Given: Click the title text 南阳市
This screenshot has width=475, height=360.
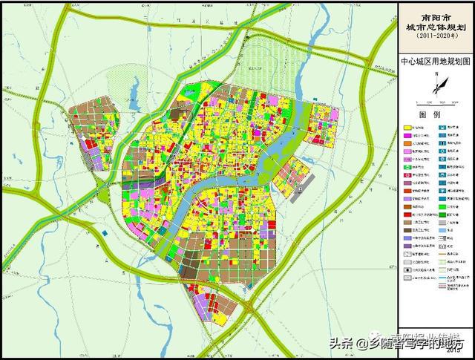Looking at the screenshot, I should point(436,13).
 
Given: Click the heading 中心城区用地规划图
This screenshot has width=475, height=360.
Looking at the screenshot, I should point(436,64).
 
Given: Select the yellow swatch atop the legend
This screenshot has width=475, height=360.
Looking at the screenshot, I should point(408,128).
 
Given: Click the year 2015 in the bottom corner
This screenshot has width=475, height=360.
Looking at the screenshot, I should point(455,352).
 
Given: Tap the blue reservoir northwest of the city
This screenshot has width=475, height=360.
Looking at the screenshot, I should point(135,96).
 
